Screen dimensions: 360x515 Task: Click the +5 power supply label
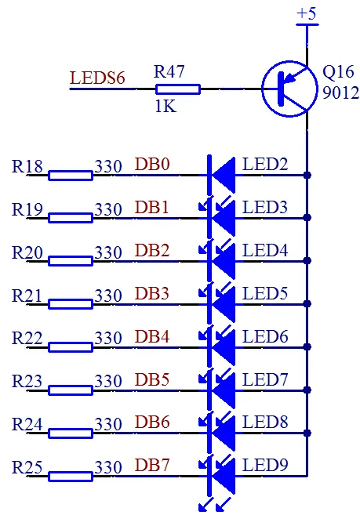coord(306,14)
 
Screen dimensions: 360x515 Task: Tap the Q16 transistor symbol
coord(289,89)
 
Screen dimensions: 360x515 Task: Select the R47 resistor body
coord(178,89)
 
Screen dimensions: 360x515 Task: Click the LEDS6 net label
coord(97,78)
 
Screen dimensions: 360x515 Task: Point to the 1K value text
coord(165,106)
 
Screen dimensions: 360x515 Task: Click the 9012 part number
coord(340,93)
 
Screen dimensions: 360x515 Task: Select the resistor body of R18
coord(71,176)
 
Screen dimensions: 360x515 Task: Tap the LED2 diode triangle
coord(224,175)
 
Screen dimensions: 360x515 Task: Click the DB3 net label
coord(152,293)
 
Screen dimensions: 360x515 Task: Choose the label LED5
coord(265,293)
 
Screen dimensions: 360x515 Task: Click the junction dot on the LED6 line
coord(307,347)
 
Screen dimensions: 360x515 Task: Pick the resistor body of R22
coord(71,347)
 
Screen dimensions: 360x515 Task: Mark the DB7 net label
coord(152,465)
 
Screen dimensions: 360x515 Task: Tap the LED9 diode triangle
coord(224,476)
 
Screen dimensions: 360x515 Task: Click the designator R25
coord(27,467)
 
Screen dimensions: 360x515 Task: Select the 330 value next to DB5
coord(108,381)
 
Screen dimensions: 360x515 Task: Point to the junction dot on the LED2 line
coord(307,175)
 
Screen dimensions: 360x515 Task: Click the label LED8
coord(265,422)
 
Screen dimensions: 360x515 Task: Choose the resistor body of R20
coord(71,261)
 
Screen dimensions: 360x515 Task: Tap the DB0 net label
coord(152,165)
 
